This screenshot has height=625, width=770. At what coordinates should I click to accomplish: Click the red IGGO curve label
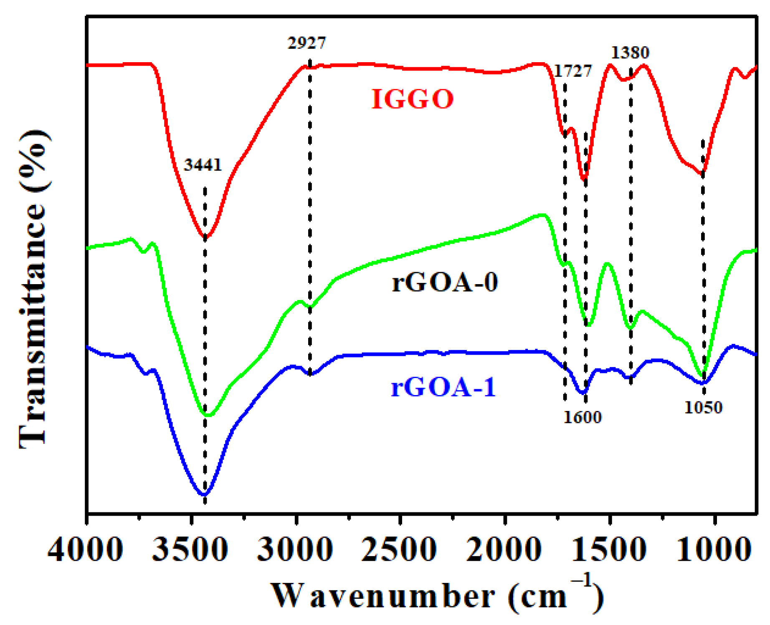pyautogui.click(x=413, y=99)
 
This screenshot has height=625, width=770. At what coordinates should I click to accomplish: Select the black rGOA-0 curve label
pyautogui.click(x=445, y=282)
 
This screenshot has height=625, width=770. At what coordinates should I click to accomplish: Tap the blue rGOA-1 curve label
pyautogui.click(x=443, y=387)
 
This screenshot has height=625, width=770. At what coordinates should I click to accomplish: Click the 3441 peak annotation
pyautogui.click(x=203, y=165)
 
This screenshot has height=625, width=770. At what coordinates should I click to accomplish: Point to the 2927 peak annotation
pyautogui.click(x=306, y=43)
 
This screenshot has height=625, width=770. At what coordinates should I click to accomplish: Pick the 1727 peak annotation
pyautogui.click(x=573, y=71)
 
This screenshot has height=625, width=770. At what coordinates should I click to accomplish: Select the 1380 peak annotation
pyautogui.click(x=630, y=53)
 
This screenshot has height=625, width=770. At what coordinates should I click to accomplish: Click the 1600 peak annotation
pyautogui.click(x=583, y=417)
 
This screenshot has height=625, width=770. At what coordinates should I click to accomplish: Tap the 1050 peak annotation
pyautogui.click(x=703, y=408)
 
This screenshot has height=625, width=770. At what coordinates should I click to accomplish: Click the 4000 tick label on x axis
pyautogui.click(x=86, y=549)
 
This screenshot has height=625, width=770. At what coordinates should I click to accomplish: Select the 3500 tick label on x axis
pyautogui.click(x=190, y=549)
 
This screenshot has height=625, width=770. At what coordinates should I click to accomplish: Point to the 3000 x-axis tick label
pyautogui.click(x=295, y=549)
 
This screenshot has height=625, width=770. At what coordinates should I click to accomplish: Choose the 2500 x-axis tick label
pyautogui.click(x=400, y=549)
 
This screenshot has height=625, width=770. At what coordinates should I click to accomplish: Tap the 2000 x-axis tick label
pyautogui.click(x=504, y=549)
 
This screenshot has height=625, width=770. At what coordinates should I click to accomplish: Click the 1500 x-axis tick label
pyautogui.click(x=609, y=549)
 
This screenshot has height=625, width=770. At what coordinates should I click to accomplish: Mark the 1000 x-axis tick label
pyautogui.click(x=714, y=549)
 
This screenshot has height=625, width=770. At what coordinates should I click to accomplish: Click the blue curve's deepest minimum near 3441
pyautogui.click(x=204, y=494)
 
